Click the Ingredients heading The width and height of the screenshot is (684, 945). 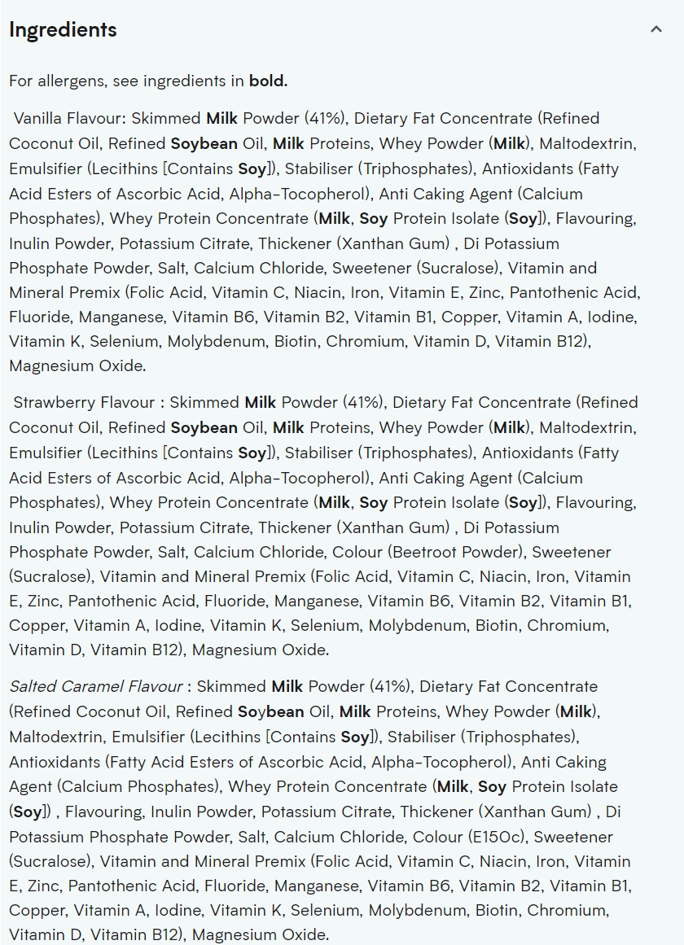63,30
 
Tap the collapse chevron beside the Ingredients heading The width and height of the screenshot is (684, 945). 656,30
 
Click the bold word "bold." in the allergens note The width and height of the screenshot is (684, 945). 268,81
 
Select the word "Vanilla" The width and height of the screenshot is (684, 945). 39,118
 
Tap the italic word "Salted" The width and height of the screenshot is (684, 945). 33,686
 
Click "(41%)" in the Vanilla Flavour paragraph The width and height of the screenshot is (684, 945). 325,118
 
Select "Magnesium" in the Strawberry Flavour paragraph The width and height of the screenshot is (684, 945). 232,650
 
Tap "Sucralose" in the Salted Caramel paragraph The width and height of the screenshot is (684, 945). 50,861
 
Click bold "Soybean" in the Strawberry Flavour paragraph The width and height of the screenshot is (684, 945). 204,427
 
